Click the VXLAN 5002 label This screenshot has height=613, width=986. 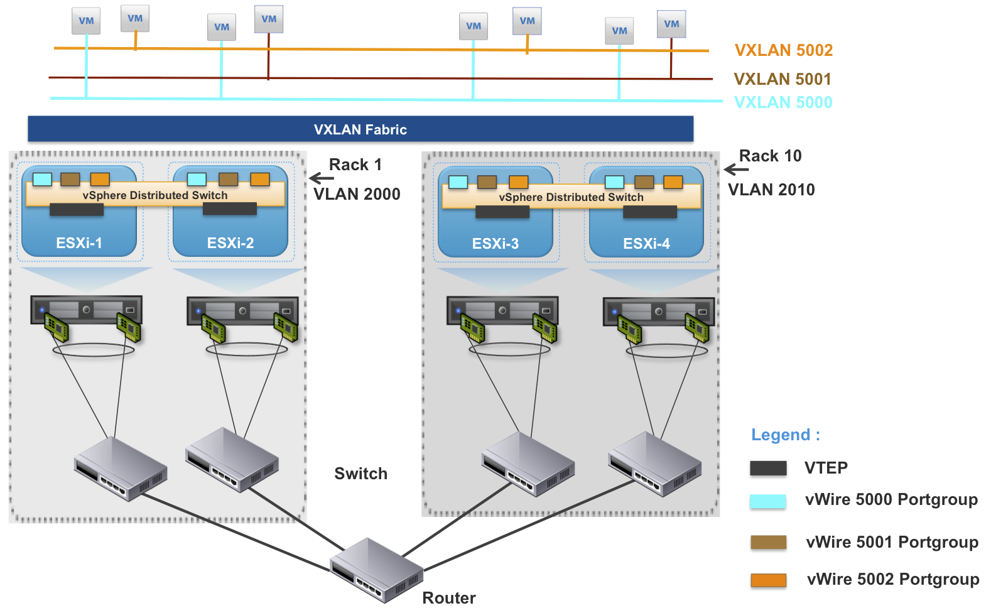click(x=783, y=50)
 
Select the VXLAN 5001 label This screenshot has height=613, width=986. click(x=782, y=79)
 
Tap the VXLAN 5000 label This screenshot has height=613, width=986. click(x=783, y=102)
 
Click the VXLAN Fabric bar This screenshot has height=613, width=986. click(x=360, y=129)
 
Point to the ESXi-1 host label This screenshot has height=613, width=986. click(x=79, y=243)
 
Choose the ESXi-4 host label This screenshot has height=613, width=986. click(x=646, y=244)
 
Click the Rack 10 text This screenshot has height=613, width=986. click(x=770, y=156)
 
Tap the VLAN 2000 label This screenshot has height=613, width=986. click(x=357, y=194)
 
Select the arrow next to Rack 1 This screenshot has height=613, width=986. click(x=322, y=178)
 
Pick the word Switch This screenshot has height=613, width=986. click(x=360, y=474)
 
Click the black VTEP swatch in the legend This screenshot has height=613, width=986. click(x=768, y=468)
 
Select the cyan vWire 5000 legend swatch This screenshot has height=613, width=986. click(x=767, y=501)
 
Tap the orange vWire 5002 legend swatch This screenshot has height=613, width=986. click(x=768, y=580)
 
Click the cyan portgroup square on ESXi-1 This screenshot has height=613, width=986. click(x=42, y=179)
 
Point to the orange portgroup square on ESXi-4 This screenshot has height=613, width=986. click(x=673, y=182)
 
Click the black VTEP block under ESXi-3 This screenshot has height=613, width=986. click(x=502, y=212)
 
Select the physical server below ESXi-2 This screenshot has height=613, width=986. click(x=242, y=311)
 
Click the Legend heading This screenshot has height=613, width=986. click(x=786, y=435)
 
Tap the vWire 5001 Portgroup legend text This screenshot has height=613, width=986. click(x=892, y=542)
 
